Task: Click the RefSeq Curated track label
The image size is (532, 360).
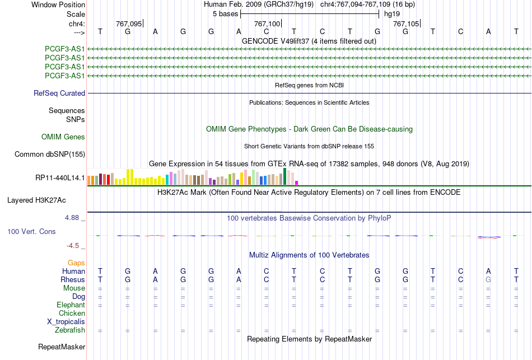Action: [59, 93]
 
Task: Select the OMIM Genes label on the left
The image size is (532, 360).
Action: [63, 137]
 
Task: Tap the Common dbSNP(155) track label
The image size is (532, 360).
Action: [50, 155]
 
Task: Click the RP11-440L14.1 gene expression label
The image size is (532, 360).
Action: [60, 178]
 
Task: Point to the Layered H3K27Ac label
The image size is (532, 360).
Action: [36, 200]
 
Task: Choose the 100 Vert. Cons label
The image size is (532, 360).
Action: [31, 231]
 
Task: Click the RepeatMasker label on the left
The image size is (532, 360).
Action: [62, 347]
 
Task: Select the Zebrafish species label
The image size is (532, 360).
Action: [70, 330]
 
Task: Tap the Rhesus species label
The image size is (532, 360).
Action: [73, 279]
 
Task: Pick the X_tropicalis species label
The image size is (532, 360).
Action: [66, 322]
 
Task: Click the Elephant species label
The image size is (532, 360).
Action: [71, 305]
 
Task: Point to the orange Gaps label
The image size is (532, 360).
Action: [76, 263]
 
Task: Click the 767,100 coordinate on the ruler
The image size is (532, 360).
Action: [267, 24]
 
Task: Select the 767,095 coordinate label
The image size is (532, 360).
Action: [129, 24]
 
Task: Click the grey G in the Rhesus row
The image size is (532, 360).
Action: [488, 279]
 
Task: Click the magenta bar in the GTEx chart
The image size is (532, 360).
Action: [297, 183]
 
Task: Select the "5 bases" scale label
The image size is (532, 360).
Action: [225, 14]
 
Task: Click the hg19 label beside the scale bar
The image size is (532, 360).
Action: [392, 14]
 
